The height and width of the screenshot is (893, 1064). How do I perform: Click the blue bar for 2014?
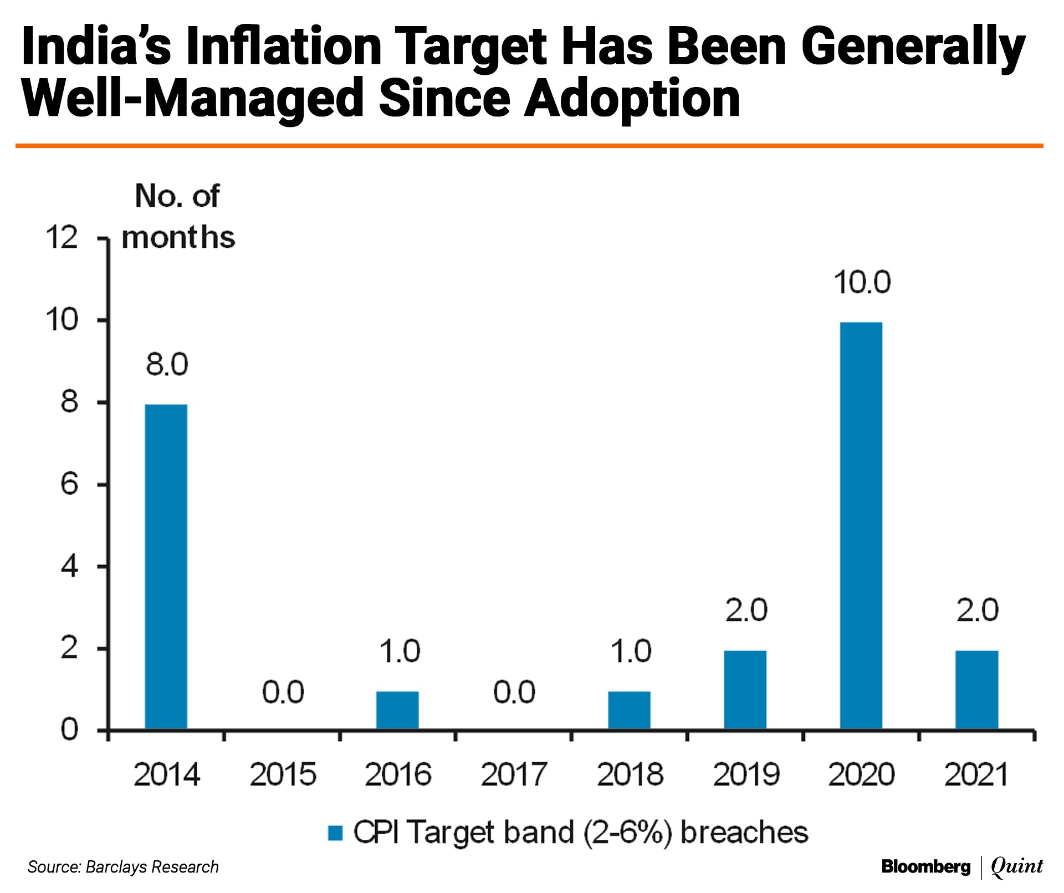point(166,566)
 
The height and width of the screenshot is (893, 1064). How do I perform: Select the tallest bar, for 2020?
point(861,525)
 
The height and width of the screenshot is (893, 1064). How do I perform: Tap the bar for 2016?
point(397,710)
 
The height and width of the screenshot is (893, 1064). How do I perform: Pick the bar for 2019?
point(745,690)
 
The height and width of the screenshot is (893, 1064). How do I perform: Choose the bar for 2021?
point(976,690)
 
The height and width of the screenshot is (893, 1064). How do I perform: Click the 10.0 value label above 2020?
point(862,282)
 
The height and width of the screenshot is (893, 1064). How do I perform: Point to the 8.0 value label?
point(167,365)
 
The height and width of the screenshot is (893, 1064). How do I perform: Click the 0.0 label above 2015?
point(283,692)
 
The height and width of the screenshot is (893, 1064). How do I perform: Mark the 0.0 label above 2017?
point(514,692)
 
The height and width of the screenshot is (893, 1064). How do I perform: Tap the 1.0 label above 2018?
point(631,651)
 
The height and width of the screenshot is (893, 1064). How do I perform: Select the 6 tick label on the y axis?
point(69,484)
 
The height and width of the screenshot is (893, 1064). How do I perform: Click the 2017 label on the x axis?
point(514,774)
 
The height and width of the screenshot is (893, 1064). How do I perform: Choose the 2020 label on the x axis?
point(861,774)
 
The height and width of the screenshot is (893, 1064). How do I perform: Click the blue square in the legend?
point(335,833)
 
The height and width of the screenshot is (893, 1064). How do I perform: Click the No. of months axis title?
point(178,217)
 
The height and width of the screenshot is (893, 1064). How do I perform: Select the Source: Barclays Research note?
point(123,867)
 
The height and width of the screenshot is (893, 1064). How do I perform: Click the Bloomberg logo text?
point(925,867)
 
